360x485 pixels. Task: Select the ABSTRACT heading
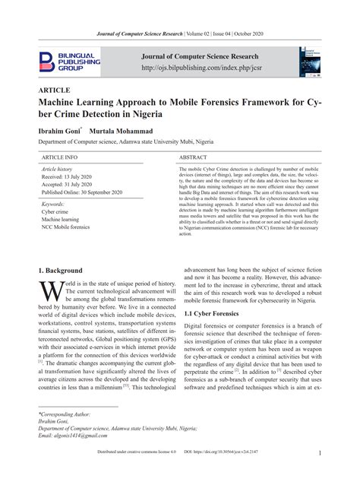coord(193,157)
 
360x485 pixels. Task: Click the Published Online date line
coord(81,193)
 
